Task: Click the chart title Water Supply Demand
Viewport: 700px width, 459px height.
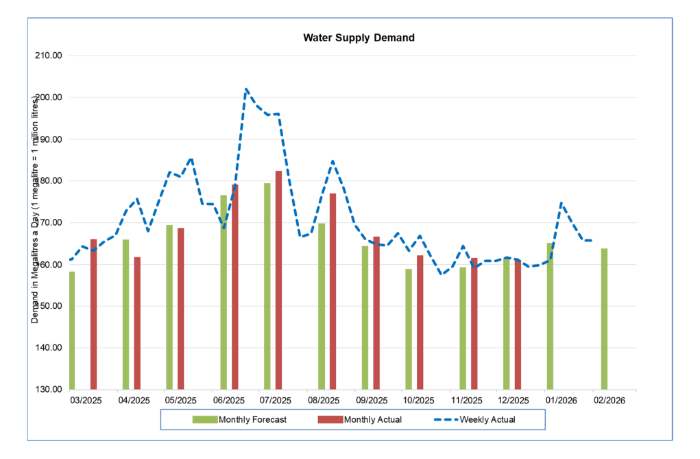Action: point(359,38)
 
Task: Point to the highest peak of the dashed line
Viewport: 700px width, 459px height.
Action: point(246,89)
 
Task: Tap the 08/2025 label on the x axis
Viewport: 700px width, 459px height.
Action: point(324,400)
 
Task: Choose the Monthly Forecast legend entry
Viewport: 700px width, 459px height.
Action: point(240,419)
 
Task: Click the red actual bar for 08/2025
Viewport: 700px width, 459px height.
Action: point(333,291)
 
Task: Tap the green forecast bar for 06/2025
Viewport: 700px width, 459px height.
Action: point(224,292)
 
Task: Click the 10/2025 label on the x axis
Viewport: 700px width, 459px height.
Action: point(419,400)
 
